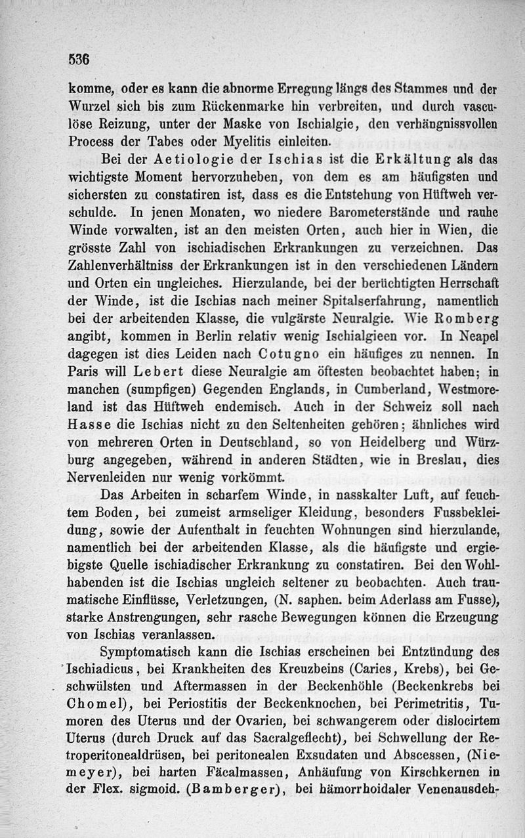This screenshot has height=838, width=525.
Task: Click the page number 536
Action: click(78, 58)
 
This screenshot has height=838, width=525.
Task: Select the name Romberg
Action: click(465, 319)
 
